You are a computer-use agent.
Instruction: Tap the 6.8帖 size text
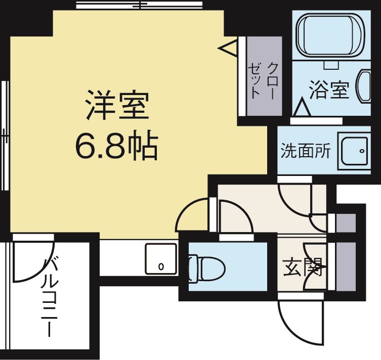pos(117,146)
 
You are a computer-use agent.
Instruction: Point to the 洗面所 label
pos(306,151)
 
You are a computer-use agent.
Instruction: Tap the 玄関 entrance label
pos(303,266)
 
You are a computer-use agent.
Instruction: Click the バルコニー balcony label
pos(51,296)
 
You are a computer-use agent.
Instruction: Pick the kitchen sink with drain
pos(161,258)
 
